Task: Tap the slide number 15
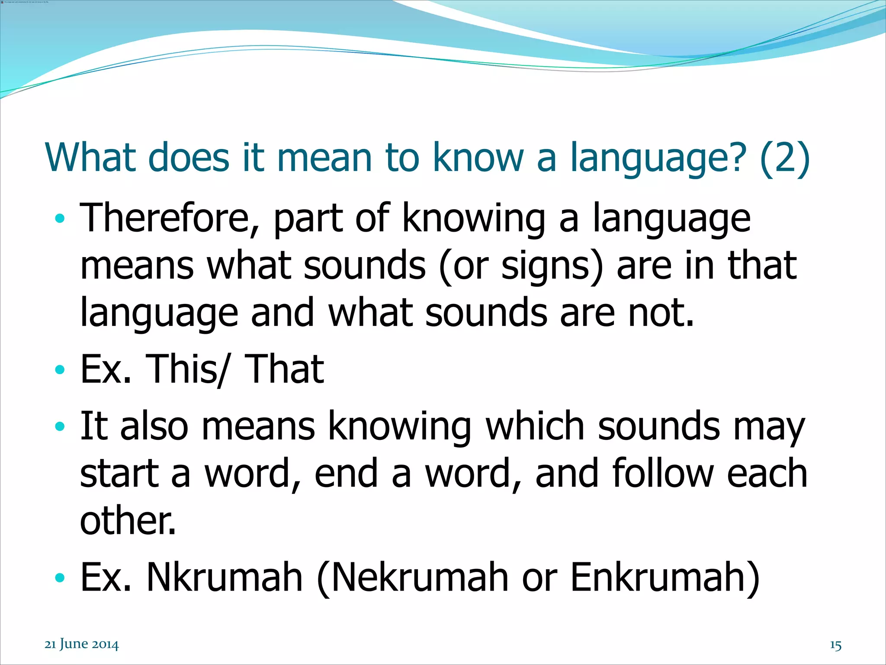835,646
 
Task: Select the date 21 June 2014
81,644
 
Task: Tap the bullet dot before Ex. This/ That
60,370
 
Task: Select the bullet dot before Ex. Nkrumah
60,578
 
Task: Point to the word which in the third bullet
534,426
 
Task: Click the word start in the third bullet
119,474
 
